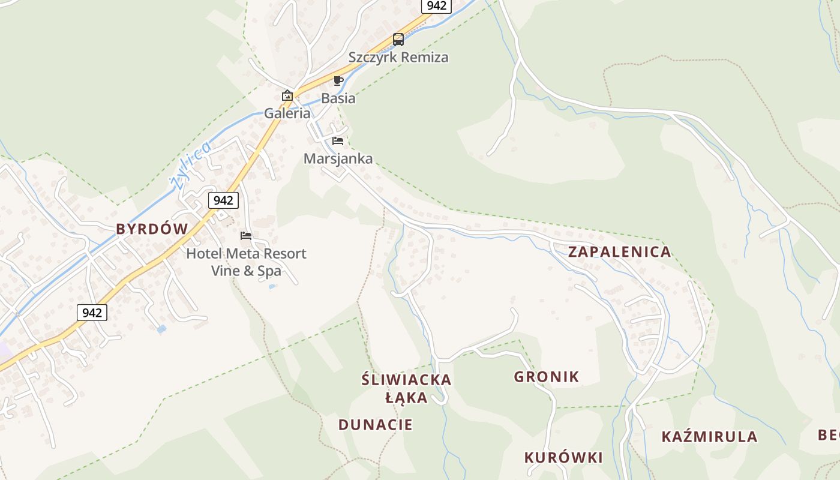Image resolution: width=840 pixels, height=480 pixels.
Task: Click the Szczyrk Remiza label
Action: tap(398, 58)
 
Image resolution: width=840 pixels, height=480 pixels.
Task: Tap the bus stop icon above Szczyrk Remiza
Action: tap(398, 40)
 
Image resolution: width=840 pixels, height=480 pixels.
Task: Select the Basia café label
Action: tap(338, 98)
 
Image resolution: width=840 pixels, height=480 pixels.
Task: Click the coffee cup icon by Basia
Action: tap(338, 80)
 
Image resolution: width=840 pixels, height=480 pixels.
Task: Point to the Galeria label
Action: tap(287, 113)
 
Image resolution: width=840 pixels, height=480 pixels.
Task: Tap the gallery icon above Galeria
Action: tap(287, 95)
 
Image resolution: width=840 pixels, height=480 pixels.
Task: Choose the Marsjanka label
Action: tap(338, 159)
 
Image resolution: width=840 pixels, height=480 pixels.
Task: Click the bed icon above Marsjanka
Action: tap(338, 141)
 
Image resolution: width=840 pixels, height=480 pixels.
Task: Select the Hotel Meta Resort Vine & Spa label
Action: tap(246, 262)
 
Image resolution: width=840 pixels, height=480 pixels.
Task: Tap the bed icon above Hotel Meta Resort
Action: tap(246, 236)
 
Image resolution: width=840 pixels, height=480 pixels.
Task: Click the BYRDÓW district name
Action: tap(152, 229)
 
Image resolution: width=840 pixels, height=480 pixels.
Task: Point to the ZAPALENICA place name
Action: tap(619, 252)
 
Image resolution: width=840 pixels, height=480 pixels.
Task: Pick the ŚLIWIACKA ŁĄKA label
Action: tap(407, 388)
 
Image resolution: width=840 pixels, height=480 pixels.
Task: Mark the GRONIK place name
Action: tap(546, 377)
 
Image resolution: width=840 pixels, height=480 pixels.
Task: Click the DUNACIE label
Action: tap(376, 425)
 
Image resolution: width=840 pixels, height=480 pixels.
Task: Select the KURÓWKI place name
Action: tap(563, 458)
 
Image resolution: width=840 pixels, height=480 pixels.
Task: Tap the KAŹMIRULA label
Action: tap(709, 437)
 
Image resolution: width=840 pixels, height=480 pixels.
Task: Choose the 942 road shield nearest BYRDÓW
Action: tap(223, 200)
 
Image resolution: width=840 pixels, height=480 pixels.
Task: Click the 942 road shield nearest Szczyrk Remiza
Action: tap(436, 6)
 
